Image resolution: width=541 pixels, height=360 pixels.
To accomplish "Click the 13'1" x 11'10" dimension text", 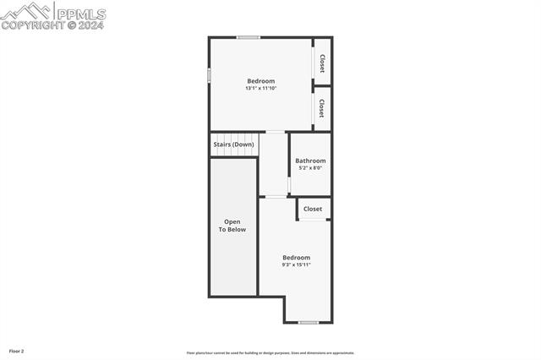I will click(260, 88).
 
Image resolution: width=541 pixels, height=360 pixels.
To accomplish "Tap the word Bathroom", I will click(309, 161).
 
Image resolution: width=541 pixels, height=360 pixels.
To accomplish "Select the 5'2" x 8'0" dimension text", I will click(309, 168).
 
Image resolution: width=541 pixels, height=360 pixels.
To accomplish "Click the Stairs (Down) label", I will click(233, 145).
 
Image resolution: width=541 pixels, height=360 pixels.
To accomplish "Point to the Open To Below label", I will click(232, 226).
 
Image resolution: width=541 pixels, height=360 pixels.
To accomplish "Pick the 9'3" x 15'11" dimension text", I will click(296, 265).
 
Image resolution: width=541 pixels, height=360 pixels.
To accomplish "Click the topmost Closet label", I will click(322, 63).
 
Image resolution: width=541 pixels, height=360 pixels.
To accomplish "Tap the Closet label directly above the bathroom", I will click(322, 108).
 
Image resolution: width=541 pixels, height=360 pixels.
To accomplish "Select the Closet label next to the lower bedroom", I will click(313, 209).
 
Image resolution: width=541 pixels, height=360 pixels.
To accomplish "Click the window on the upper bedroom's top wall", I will click(248, 37).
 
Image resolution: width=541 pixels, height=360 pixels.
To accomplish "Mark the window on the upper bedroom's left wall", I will click(210, 75).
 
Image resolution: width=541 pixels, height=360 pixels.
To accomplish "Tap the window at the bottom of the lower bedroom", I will click(309, 322).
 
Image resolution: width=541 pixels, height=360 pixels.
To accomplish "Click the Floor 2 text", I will click(17, 351).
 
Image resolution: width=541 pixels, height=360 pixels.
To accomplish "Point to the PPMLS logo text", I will click(81, 14).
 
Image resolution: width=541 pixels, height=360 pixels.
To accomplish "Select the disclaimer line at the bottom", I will click(270, 353).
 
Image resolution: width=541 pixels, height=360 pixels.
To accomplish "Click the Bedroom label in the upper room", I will click(260, 81).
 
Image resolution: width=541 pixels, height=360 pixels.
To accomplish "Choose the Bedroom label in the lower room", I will click(296, 258).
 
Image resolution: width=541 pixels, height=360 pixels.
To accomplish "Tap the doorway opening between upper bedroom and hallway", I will click(275, 132).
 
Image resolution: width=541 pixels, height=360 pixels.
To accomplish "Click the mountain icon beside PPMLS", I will click(27, 11).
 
